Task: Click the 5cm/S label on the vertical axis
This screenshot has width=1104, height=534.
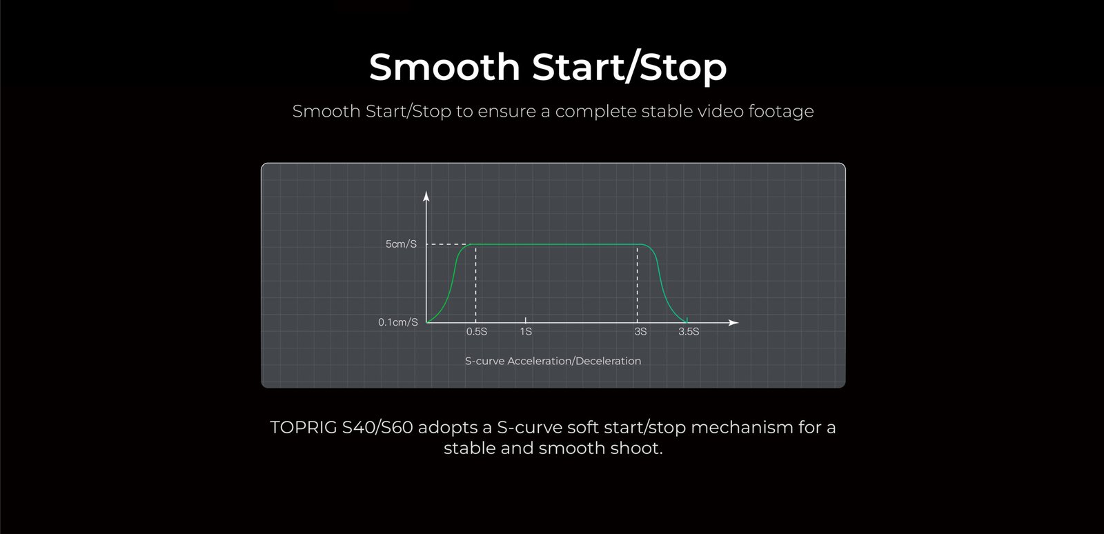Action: (401, 244)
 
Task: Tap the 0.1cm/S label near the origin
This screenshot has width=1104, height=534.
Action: (397, 322)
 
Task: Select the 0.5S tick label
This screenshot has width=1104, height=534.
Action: (477, 332)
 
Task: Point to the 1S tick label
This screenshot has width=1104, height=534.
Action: (526, 332)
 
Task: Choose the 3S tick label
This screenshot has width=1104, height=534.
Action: (640, 332)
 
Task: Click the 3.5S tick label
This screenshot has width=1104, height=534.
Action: (689, 332)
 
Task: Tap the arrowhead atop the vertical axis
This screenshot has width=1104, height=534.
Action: (426, 196)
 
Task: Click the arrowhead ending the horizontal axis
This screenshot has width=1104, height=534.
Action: (733, 323)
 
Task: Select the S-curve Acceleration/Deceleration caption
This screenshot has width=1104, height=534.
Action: (553, 361)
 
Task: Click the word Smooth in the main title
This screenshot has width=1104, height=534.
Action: (444, 67)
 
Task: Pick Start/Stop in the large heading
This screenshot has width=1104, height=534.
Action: (629, 68)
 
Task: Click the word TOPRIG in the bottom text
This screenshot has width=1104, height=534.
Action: (303, 427)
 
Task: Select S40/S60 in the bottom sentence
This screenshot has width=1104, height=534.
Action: (377, 427)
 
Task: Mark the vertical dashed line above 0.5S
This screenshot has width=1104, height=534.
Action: (475, 284)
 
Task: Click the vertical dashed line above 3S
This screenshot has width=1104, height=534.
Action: (638, 284)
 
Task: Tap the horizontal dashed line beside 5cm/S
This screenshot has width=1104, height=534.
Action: (448, 244)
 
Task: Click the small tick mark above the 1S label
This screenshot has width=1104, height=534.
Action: (525, 319)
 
